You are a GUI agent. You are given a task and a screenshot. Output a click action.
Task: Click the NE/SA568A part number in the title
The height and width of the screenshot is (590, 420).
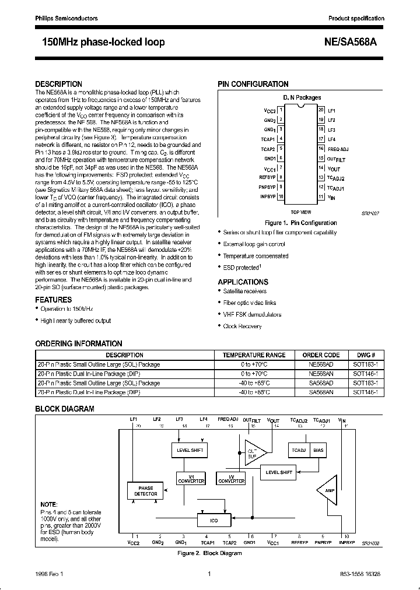(x=353, y=43)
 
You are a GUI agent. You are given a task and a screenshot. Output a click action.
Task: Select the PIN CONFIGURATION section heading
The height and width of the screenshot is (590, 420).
(x=253, y=84)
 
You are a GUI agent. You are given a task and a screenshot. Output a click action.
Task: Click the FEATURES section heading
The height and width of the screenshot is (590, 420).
(x=54, y=300)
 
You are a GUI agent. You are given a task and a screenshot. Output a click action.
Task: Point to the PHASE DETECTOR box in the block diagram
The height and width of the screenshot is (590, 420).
(x=145, y=490)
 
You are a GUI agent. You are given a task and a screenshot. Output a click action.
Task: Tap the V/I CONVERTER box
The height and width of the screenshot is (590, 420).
(x=191, y=478)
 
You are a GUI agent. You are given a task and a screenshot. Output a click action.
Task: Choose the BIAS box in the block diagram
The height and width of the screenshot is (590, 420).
(x=318, y=451)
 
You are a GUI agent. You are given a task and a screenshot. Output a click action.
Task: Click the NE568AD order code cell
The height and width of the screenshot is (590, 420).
(x=321, y=364)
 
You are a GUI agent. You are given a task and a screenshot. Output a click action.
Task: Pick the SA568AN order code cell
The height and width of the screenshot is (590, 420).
(x=321, y=392)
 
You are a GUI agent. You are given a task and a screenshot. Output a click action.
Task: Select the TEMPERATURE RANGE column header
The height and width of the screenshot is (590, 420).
(x=254, y=354)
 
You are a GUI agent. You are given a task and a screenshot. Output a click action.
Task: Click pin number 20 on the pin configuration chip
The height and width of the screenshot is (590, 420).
(x=321, y=109)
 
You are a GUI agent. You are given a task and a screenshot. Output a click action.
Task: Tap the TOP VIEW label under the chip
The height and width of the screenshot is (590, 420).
(x=301, y=213)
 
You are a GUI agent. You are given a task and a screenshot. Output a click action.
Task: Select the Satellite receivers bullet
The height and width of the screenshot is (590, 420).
(x=244, y=291)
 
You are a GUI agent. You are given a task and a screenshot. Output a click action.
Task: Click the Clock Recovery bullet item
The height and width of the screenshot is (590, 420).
(x=242, y=326)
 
